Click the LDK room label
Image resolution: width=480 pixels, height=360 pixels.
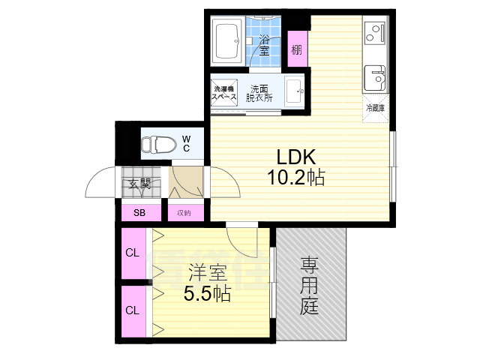pos(298,157)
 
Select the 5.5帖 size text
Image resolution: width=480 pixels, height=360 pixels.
pos(207,294)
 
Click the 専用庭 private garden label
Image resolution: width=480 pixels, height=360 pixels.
pos(310,285)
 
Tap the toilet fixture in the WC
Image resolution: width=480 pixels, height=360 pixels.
pos(159,142)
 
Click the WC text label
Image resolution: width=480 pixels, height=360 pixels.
pos(187,142)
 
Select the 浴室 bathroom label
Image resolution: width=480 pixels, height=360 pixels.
pos(265,44)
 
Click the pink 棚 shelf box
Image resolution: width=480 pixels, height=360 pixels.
pos(298,50)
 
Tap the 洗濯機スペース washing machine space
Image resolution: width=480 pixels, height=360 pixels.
pos(223,93)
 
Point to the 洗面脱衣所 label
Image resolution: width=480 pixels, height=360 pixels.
pos(260,93)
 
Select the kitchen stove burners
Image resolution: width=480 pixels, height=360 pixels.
pos(373,34)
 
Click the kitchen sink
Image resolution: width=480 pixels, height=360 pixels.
pos(374,77)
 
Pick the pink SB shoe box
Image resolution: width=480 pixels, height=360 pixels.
pos(139,213)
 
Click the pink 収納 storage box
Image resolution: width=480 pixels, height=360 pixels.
pos(184,213)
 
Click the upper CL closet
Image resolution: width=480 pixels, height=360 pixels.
pos(133,253)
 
